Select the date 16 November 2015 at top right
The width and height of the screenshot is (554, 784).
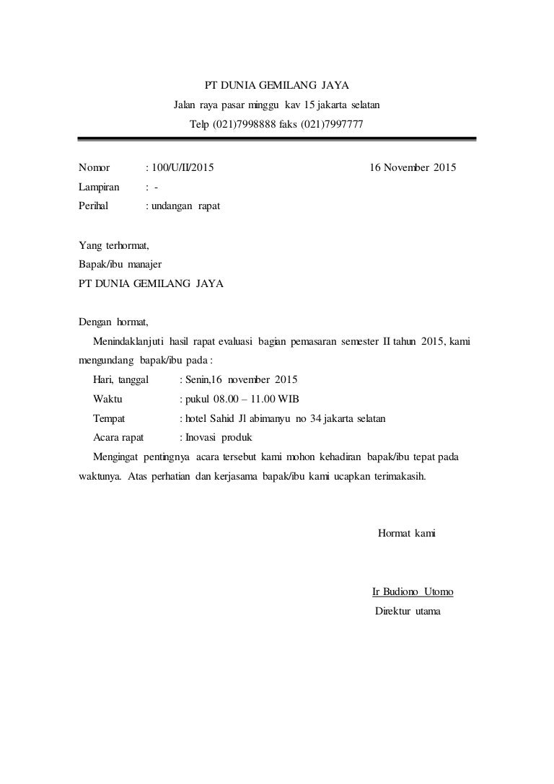click(x=412, y=169)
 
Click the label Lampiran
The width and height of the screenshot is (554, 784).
click(x=100, y=188)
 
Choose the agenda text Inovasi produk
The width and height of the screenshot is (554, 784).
click(x=216, y=437)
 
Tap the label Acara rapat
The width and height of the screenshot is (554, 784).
click(x=118, y=437)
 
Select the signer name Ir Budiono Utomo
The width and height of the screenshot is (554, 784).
click(x=413, y=593)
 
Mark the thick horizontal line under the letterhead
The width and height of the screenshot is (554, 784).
click(x=276, y=140)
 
